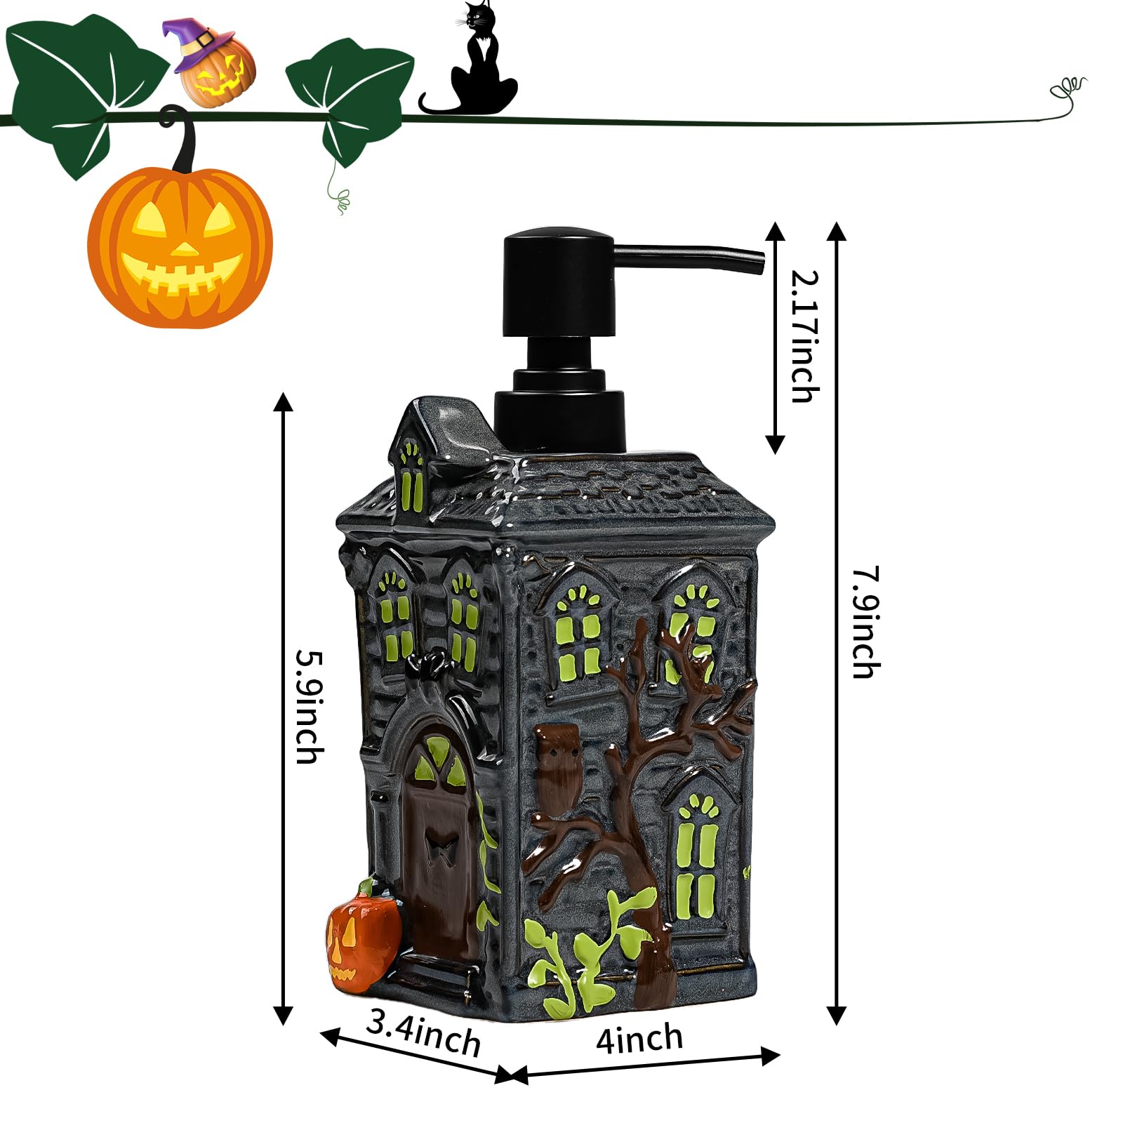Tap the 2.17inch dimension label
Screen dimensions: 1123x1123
(805, 336)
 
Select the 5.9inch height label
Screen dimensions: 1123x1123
(310, 706)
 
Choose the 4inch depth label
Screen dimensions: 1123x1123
(639, 1039)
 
